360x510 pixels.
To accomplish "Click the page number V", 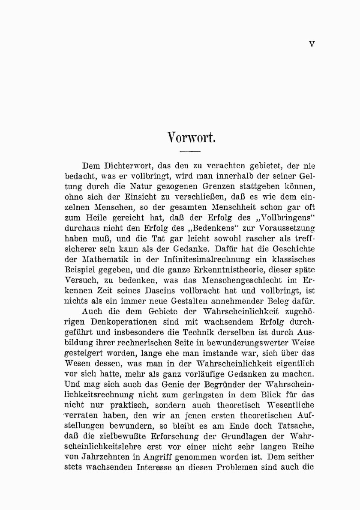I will [312, 44].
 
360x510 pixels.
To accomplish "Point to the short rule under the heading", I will [190, 152].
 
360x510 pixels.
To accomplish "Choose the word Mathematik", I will [107, 259].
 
